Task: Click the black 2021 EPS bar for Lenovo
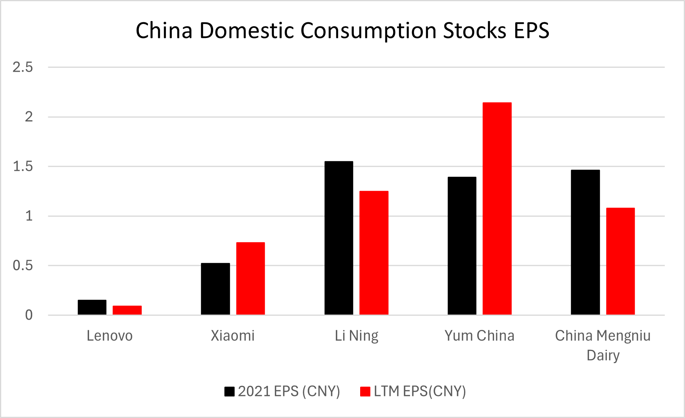(x=92, y=308)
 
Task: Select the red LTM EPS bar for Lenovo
(x=127, y=310)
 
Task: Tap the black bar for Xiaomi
(x=215, y=289)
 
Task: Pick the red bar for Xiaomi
(x=250, y=279)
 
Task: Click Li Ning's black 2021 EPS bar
(x=339, y=238)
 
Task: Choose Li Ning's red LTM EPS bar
(x=374, y=253)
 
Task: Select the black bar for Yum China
(x=462, y=246)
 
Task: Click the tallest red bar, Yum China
(x=497, y=209)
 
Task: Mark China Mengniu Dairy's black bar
(x=585, y=242)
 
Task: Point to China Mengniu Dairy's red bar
(x=620, y=261)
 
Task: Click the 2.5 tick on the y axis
(x=23, y=67)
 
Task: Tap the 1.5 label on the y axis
(x=23, y=166)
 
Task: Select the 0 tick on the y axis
(x=29, y=315)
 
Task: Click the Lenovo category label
(x=109, y=336)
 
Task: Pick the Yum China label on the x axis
(x=479, y=336)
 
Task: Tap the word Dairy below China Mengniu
(x=603, y=355)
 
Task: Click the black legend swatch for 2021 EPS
(x=230, y=391)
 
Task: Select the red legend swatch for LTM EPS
(x=365, y=391)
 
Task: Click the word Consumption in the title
(x=368, y=31)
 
